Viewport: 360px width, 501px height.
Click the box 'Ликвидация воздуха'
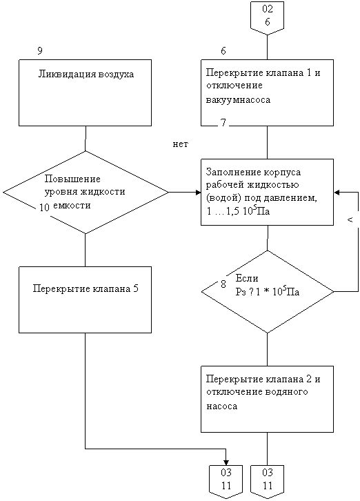[85, 92]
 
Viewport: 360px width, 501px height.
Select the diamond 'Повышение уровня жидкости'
[86, 192]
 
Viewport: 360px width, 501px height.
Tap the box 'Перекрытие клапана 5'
[85, 299]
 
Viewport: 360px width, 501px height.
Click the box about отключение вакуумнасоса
[267, 92]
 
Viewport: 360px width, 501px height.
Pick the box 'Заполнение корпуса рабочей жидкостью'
[267, 192]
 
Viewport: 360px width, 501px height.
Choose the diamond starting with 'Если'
[268, 291]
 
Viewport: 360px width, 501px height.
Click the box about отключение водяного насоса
[267, 399]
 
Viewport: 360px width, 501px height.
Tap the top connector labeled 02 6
[268, 18]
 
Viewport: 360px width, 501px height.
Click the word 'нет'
[181, 144]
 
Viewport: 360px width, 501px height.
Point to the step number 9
[40, 51]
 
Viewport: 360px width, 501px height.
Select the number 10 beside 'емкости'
[44, 208]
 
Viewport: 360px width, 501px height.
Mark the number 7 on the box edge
[223, 123]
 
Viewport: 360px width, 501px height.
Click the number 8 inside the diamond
[223, 284]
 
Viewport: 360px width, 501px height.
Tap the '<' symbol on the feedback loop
[350, 220]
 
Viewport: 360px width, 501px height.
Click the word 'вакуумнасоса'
[239, 99]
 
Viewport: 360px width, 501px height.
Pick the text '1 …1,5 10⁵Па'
[238, 211]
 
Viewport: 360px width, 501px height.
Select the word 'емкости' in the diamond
[72, 206]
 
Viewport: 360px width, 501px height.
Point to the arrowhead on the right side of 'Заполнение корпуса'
[337, 193]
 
